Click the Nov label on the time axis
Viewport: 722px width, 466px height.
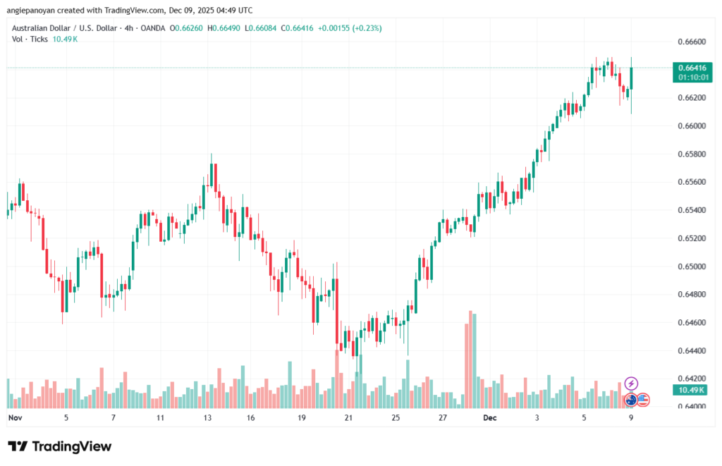tap(15, 417)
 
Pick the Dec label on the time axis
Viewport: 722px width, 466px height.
tap(489, 417)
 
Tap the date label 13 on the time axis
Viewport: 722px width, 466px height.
tap(207, 417)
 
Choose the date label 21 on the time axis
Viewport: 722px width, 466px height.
tap(348, 417)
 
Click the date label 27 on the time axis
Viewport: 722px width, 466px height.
tap(442, 417)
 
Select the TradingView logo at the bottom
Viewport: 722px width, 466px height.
tap(59, 446)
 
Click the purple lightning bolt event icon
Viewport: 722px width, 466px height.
tap(631, 383)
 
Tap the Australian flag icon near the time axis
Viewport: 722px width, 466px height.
tap(631, 400)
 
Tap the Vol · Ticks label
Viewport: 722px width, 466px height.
tap(27, 39)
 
